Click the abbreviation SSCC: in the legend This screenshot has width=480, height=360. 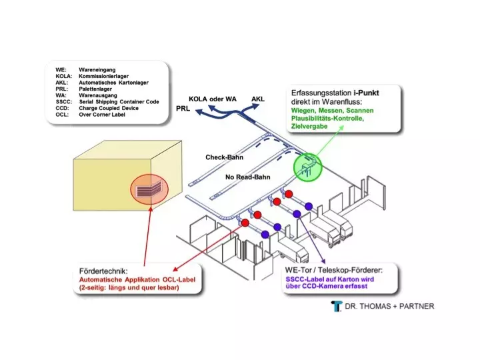click(64, 101)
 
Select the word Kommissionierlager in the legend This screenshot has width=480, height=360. click(104, 76)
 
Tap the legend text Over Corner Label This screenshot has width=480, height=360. click(102, 115)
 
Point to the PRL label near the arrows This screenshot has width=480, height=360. click(183, 109)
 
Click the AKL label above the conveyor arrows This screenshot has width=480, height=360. click(258, 99)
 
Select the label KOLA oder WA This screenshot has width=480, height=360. click(213, 99)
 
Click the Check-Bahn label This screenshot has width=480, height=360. click(225, 157)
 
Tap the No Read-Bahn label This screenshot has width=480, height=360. click(247, 177)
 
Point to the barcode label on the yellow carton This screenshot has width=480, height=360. click(149, 190)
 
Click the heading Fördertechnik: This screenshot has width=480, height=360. click(103, 271)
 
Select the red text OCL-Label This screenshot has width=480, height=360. click(179, 280)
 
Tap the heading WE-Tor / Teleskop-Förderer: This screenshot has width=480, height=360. click(334, 270)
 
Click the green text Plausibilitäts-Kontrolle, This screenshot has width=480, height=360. click(327, 119)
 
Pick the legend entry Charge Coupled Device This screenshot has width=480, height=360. click(109, 108)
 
